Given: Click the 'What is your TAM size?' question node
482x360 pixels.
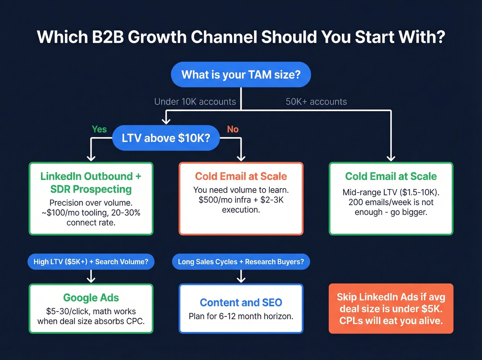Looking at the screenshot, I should click(241, 75).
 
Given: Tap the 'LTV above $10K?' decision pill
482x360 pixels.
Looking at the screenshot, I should click(166, 138).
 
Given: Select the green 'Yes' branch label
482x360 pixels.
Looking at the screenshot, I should click(99, 129).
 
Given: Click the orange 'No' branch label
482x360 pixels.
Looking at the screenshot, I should click(233, 129).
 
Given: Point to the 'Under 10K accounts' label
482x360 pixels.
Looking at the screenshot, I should click(195, 102).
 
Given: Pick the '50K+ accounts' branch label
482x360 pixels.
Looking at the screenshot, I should click(316, 102).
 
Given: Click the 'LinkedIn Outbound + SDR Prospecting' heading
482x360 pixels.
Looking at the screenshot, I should click(91, 183).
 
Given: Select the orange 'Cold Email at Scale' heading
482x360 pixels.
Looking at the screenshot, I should click(241, 176).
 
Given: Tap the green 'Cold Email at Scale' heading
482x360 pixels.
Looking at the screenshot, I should click(391, 176).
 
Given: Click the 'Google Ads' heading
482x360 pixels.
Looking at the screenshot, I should click(91, 298).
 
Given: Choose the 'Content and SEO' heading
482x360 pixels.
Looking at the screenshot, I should click(241, 302).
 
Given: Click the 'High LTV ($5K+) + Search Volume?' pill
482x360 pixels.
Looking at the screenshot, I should click(91, 262).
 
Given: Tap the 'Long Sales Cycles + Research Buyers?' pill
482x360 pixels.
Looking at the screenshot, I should click(241, 262).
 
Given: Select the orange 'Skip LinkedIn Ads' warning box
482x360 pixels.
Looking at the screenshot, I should click(391, 309).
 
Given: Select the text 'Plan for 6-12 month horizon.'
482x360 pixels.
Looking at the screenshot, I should click(241, 316).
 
